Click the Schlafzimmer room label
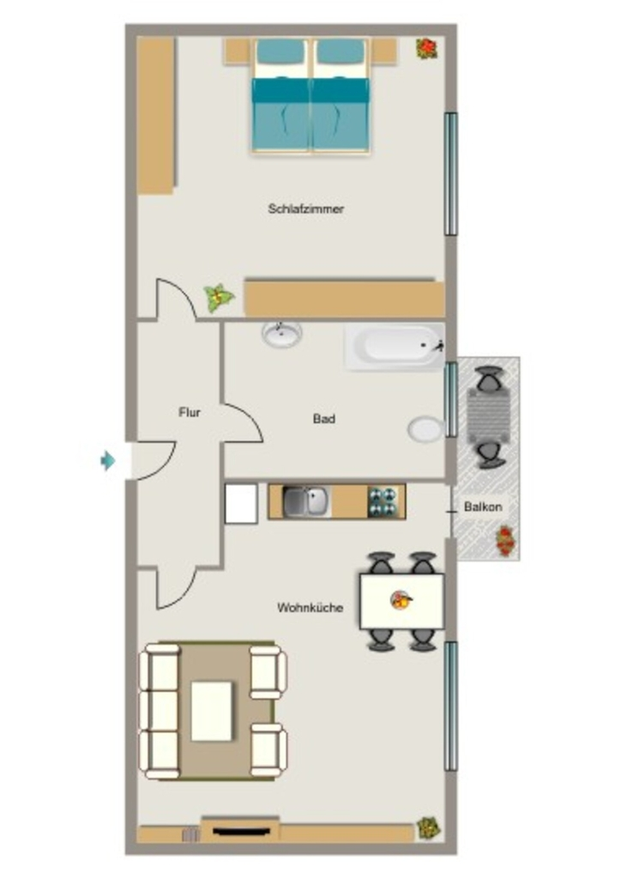tap(305, 209)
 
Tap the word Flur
tap(190, 413)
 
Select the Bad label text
tap(324, 419)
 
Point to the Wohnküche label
tap(310, 608)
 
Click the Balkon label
tap(483, 506)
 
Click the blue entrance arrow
tap(107, 461)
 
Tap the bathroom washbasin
tap(281, 334)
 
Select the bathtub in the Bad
tap(395, 348)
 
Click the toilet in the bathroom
tap(426, 430)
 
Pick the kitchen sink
tap(306, 501)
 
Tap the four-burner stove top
tap(383, 501)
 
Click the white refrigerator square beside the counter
tap(241, 503)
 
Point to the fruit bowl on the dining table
tap(401, 600)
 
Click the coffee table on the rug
tap(212, 712)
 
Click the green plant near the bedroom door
tap(218, 298)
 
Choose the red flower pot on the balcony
tap(505, 541)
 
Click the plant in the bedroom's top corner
tap(427, 48)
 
